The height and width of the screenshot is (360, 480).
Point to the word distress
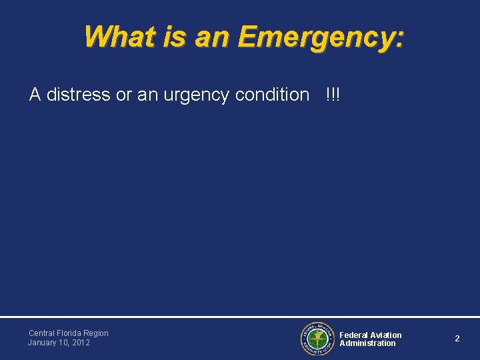[78, 95]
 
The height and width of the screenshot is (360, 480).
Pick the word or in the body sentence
[123, 95]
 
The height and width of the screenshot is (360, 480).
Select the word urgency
[199, 95]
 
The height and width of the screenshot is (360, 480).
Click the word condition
[272, 95]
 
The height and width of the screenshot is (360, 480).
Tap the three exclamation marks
[333, 94]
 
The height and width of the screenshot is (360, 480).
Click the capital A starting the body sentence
[35, 95]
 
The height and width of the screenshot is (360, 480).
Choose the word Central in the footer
[42, 333]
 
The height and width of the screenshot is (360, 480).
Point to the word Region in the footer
[97, 333]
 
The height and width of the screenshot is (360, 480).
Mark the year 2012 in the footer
[81, 343]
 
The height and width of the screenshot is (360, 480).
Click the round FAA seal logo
[317, 339]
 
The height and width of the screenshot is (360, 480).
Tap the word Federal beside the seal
[353, 335]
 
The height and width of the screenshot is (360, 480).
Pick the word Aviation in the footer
[386, 335]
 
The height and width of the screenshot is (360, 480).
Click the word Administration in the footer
[367, 343]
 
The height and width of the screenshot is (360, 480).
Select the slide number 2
[457, 339]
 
